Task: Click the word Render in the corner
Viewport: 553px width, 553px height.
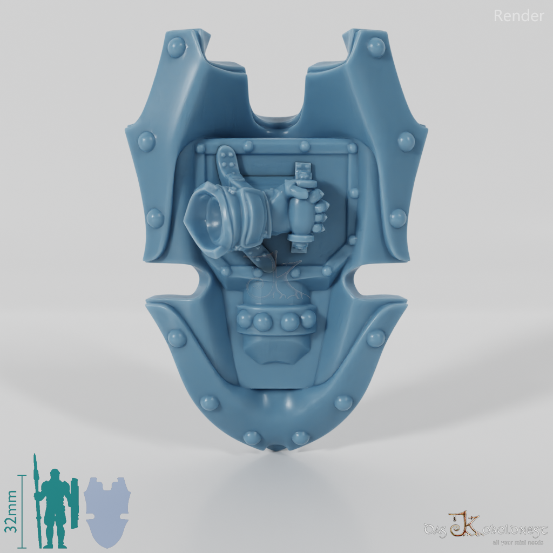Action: coord(518,16)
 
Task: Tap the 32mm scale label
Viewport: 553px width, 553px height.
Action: coord(13,511)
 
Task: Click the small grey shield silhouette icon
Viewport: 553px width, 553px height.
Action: coord(107,510)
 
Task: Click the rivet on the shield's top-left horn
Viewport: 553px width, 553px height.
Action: coord(176,48)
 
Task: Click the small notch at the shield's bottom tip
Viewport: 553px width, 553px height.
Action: coord(277,448)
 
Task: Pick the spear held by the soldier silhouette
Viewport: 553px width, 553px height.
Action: coord(36,500)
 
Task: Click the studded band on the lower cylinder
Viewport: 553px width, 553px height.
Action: coord(275,321)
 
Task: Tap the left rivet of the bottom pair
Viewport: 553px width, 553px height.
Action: coord(252,437)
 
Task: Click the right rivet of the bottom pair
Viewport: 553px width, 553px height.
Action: coord(300,437)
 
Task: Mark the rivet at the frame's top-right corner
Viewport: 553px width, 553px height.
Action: coord(352,147)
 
